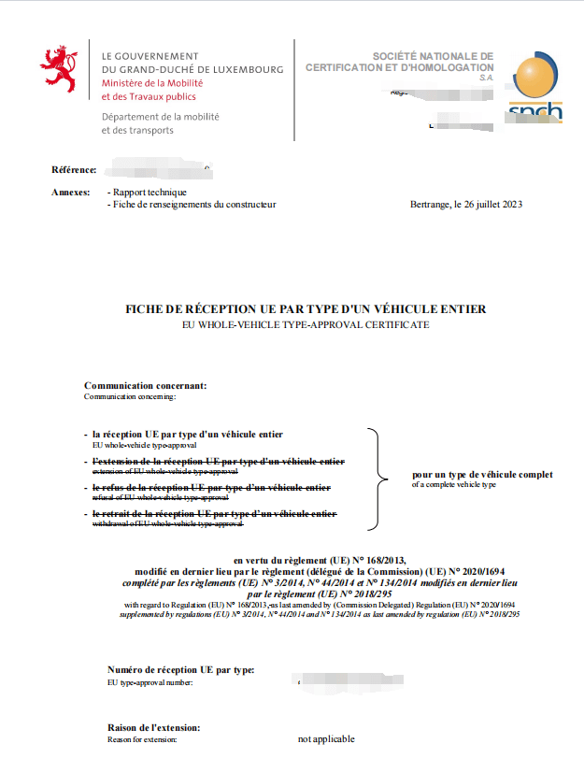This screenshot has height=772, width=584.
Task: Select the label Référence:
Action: [x=74, y=169]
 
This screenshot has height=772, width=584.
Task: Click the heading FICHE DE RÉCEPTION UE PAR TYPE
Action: [x=306, y=308]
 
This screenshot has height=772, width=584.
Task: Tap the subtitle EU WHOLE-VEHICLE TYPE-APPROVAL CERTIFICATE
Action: [x=306, y=324]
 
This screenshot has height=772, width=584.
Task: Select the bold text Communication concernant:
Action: [x=145, y=385]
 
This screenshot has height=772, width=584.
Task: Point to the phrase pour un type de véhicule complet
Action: [x=481, y=475]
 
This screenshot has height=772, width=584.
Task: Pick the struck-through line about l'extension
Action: [x=218, y=462]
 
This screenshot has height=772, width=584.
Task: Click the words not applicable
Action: [x=326, y=739]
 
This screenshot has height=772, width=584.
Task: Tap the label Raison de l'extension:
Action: [x=154, y=727]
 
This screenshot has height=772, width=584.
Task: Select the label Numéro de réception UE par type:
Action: [x=180, y=669]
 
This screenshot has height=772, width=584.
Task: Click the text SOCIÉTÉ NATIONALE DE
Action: [x=433, y=56]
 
